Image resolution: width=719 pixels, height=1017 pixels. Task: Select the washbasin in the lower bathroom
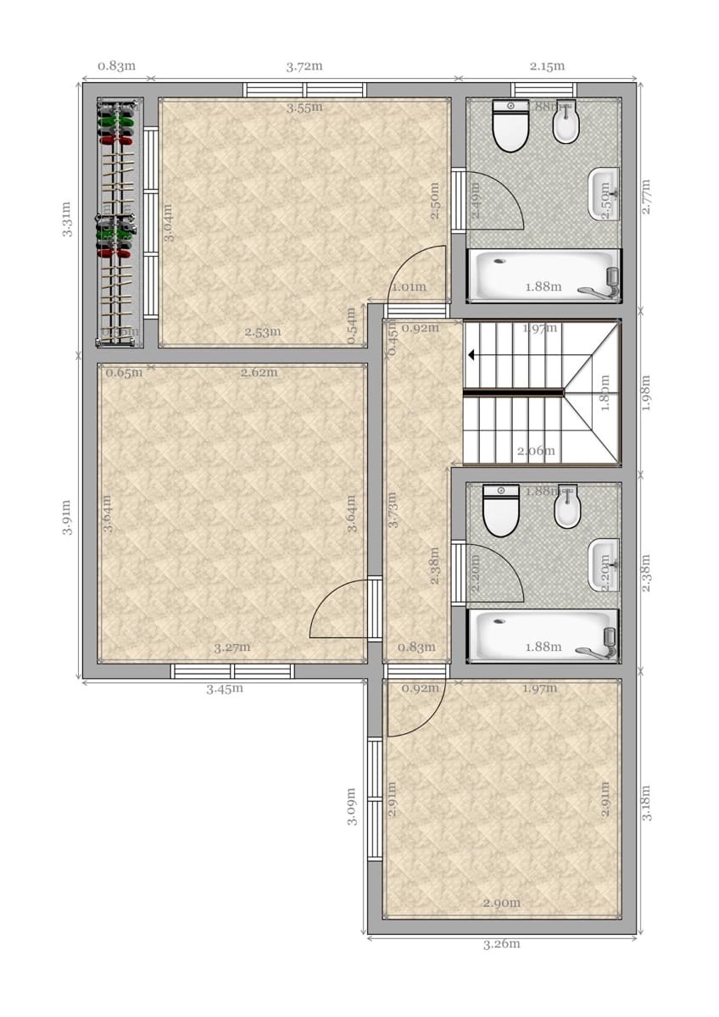click(603, 563)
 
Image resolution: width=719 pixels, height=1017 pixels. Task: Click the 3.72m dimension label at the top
click(304, 65)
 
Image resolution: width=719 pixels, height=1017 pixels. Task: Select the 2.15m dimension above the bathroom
click(547, 65)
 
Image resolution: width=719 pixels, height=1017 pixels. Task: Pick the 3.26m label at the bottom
click(501, 943)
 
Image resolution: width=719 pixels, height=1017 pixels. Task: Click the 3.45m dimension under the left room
click(225, 688)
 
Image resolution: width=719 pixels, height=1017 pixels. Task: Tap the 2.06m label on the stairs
click(536, 451)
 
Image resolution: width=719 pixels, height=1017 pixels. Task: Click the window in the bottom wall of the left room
click(232, 671)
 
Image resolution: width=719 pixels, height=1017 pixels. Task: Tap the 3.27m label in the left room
click(231, 647)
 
